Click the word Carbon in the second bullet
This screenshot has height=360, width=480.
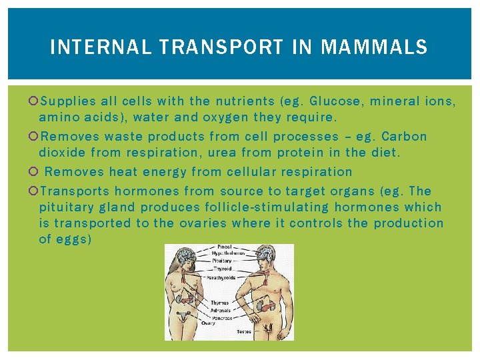click(x=404, y=136)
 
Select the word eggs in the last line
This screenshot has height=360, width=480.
click(x=66, y=239)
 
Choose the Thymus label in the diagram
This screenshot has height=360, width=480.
click(x=220, y=303)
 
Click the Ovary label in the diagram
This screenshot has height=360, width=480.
click(x=218, y=323)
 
